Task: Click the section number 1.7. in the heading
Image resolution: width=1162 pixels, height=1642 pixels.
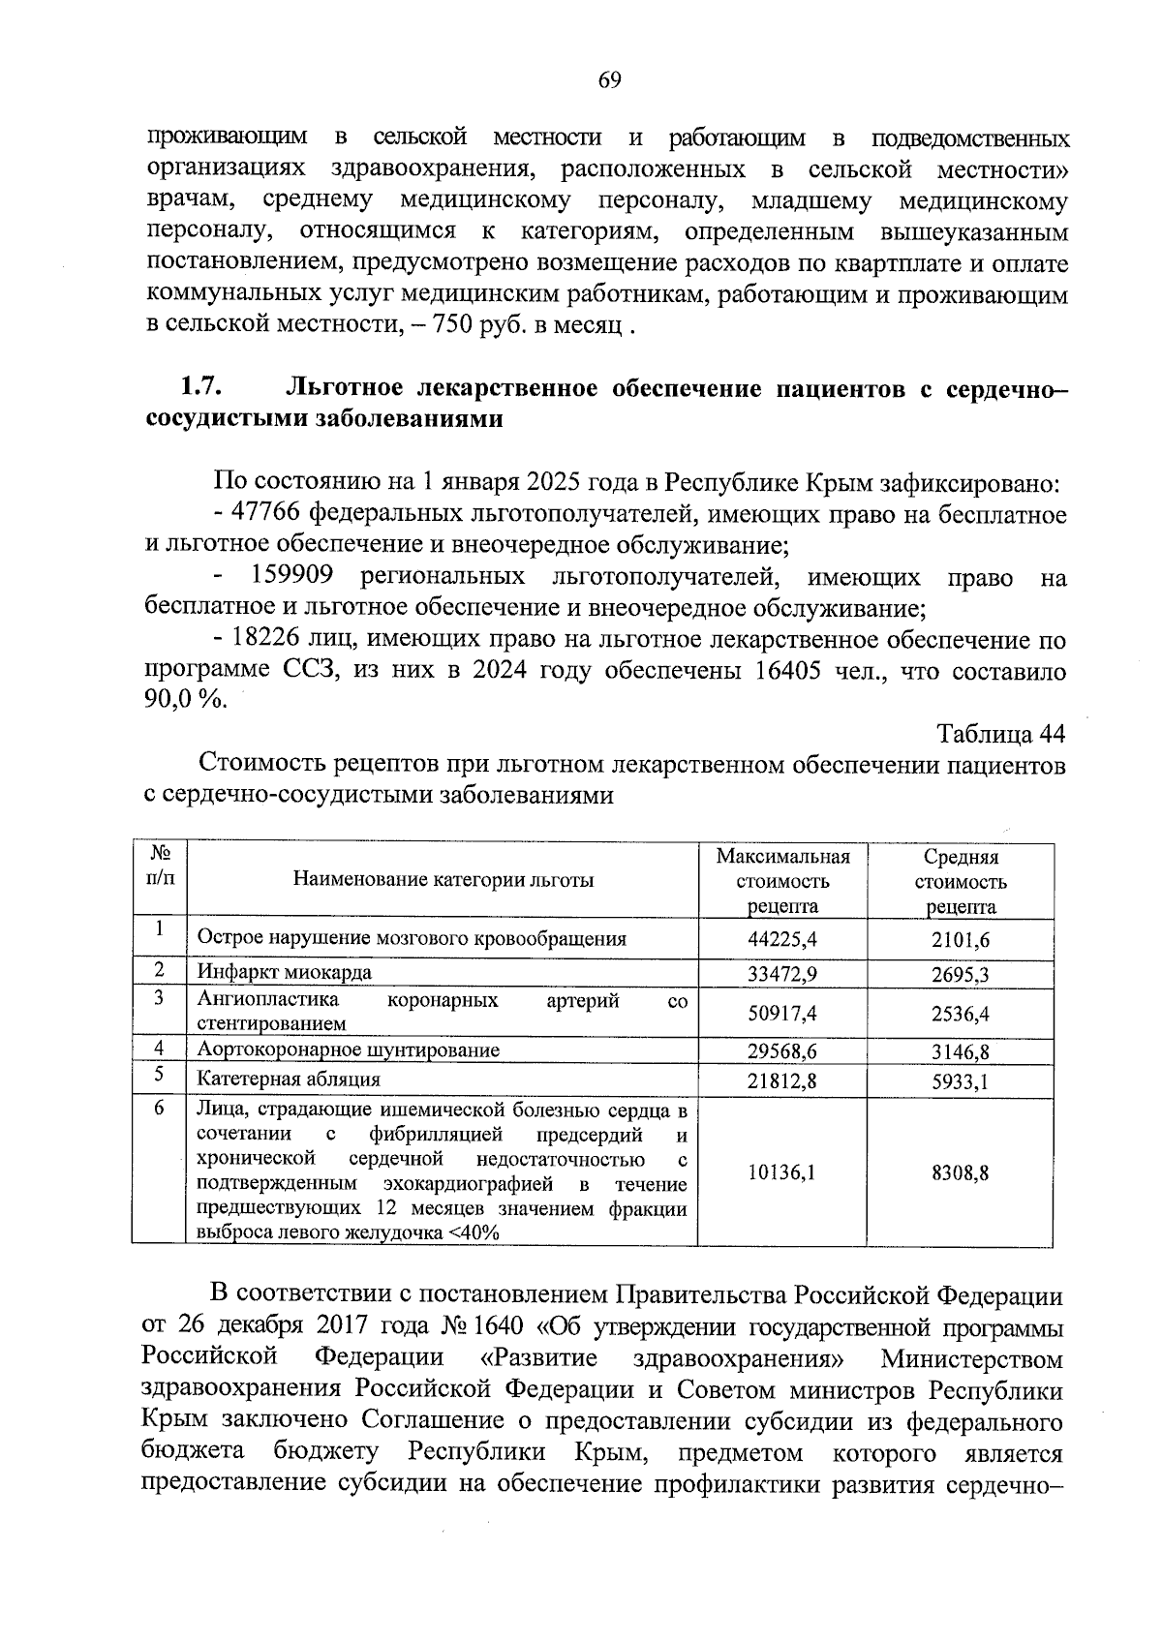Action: click(x=201, y=388)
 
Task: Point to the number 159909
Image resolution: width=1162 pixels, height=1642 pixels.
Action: click(x=292, y=577)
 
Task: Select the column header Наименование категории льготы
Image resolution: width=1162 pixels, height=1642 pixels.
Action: click(x=443, y=880)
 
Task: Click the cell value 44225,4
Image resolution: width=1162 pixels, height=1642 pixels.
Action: click(x=782, y=939)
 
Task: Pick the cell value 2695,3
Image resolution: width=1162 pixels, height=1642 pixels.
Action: click(x=960, y=974)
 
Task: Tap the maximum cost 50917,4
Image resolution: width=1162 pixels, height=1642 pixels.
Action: click(x=782, y=1014)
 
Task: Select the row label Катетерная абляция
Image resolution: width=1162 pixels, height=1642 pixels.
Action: click(x=289, y=1079)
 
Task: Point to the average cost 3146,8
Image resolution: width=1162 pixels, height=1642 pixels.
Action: click(x=960, y=1052)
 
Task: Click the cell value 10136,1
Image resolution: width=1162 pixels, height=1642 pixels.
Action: click(x=782, y=1172)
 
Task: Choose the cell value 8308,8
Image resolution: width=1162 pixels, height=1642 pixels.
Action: click(x=960, y=1172)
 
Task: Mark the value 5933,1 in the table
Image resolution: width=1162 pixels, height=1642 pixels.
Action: click(x=960, y=1081)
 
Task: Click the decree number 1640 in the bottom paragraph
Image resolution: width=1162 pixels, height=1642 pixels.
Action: click(x=499, y=1325)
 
